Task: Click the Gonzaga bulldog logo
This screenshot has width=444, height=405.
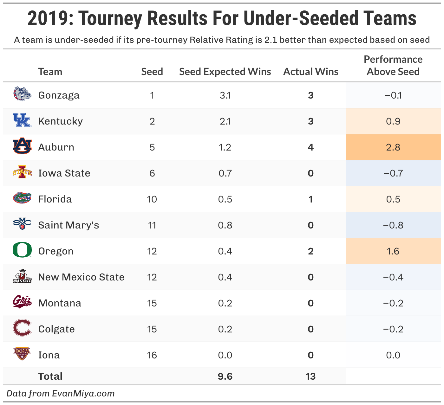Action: (x=22, y=94)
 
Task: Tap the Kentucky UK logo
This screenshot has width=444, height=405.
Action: (x=22, y=120)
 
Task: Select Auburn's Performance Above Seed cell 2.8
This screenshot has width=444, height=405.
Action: (x=393, y=147)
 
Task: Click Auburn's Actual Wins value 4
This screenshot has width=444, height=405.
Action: (x=310, y=147)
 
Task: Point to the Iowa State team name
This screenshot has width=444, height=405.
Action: (x=64, y=173)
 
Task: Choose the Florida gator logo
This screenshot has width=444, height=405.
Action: (x=22, y=198)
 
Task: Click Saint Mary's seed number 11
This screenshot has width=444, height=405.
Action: (x=152, y=225)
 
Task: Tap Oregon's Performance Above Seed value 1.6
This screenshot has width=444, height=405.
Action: (x=393, y=251)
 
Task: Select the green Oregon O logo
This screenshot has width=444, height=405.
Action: (x=22, y=250)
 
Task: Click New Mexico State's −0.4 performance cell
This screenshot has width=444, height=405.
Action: (x=393, y=277)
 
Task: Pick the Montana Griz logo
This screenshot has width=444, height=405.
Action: (x=22, y=302)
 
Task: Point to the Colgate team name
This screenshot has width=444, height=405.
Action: (x=56, y=329)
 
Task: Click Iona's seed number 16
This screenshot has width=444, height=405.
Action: (x=152, y=355)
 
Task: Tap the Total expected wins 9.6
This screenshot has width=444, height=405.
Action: (x=225, y=376)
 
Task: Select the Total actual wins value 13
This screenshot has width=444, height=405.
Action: (x=310, y=376)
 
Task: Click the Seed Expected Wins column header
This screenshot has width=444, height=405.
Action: (x=225, y=72)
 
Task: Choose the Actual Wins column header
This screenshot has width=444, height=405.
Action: (x=310, y=72)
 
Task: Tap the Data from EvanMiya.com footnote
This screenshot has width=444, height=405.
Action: (x=60, y=394)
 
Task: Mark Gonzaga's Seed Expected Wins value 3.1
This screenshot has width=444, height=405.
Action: (x=225, y=95)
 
